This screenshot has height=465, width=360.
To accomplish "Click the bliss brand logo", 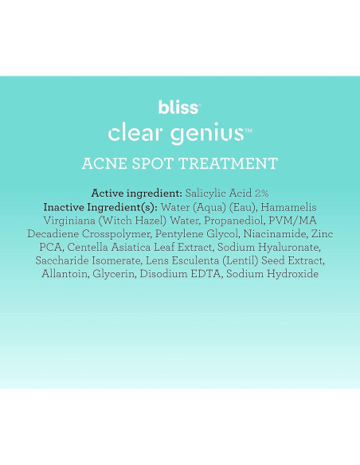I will pos(178,107).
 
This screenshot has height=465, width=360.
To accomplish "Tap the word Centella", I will pos(90,247).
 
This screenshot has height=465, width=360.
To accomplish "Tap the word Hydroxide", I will pos(290,274).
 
